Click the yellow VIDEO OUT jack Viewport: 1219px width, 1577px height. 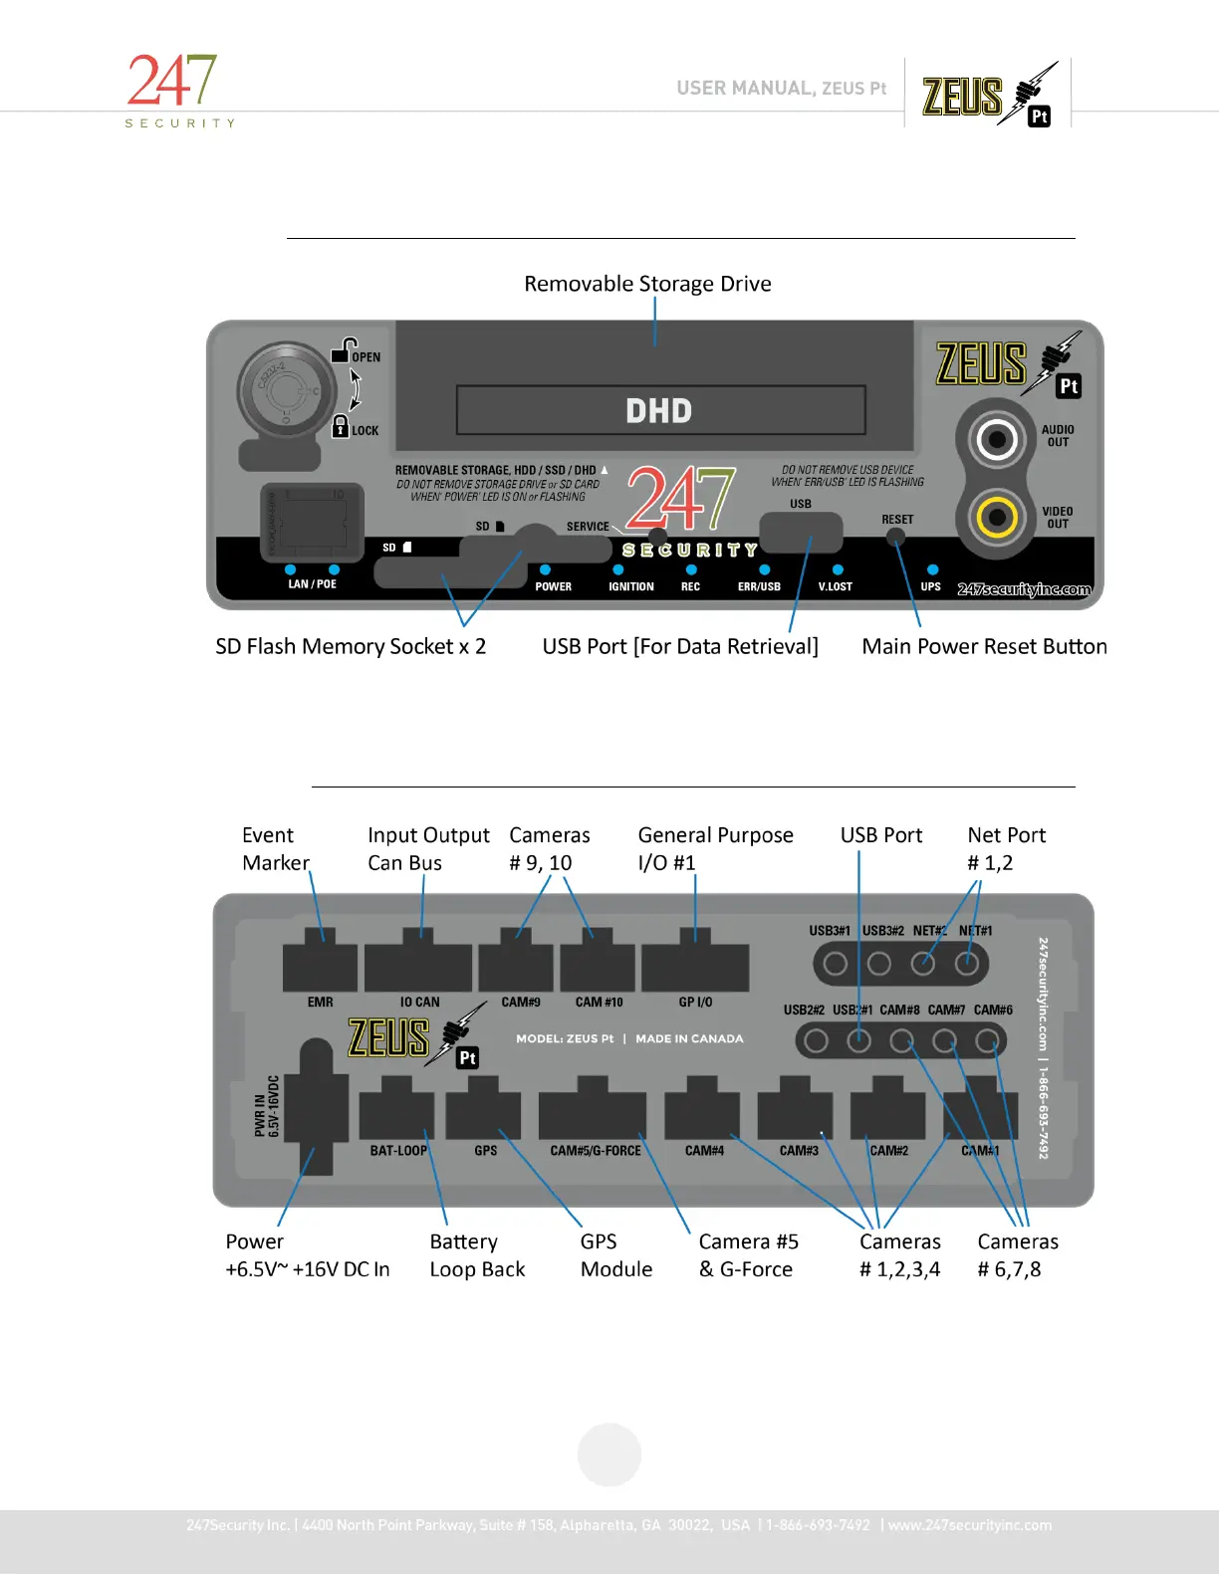tap(996, 517)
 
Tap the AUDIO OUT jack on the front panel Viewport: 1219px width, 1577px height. tap(996, 438)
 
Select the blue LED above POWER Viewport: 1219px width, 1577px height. tap(545, 570)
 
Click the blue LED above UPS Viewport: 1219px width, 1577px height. tap(932, 570)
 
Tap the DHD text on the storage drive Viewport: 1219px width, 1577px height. tap(658, 410)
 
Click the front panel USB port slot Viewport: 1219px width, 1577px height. tap(800, 531)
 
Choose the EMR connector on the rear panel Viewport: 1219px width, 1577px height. tap(320, 964)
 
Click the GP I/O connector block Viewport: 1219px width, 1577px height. tap(695, 964)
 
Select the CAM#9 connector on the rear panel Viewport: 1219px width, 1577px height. tap(516, 964)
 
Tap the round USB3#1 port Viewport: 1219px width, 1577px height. tap(836, 964)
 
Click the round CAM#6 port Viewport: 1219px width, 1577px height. tap(987, 1041)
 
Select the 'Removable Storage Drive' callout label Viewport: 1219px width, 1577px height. tap(647, 284)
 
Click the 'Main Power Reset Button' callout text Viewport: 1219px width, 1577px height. tap(984, 646)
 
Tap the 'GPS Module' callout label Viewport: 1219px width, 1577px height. tap(615, 1255)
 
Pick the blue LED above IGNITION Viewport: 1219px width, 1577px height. tap(618, 570)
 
